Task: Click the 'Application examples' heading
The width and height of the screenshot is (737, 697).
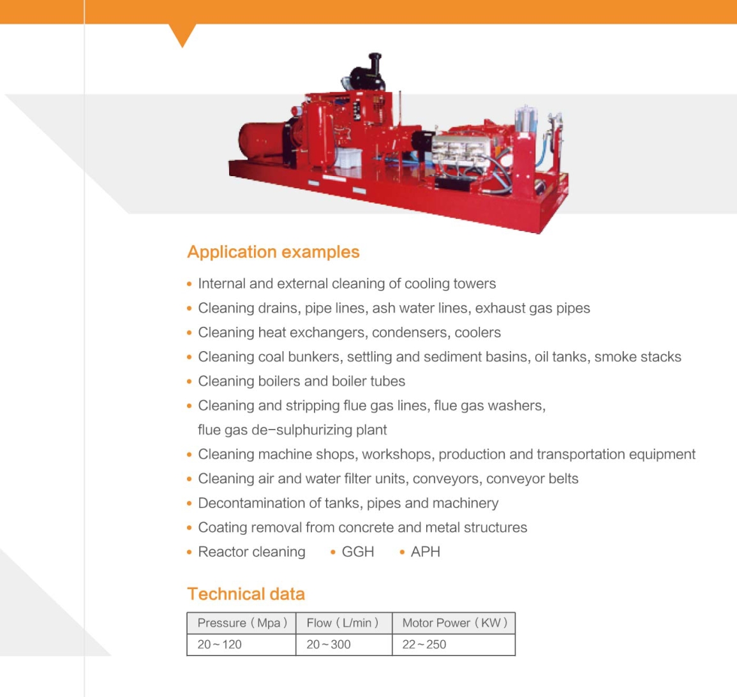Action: point(273,252)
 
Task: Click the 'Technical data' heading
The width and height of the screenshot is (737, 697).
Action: point(246,594)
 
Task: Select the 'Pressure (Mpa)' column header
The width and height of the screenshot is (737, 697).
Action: point(242,623)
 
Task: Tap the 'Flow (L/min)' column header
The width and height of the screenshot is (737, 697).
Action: point(343,623)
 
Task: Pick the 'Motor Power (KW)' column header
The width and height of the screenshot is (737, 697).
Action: point(454,623)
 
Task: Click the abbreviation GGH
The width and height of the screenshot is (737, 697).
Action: point(358,551)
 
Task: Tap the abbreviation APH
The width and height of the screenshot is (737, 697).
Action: point(426,551)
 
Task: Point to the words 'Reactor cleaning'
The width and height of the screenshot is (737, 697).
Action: point(251,551)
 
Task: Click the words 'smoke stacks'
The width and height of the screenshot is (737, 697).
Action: point(637,357)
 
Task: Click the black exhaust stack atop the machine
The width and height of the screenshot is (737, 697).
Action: point(374,66)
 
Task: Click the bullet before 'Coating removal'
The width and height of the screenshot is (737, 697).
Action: point(190,528)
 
